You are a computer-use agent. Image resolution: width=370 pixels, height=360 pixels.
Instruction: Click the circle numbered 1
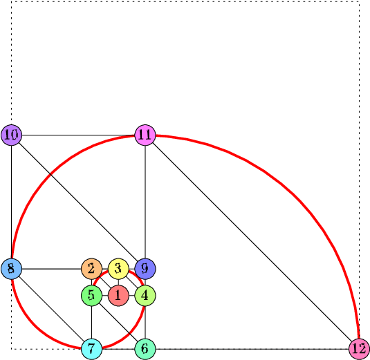point(118,296)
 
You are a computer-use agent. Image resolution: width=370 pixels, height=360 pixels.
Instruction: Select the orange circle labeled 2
point(91,269)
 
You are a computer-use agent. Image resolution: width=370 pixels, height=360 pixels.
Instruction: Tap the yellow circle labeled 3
point(118,269)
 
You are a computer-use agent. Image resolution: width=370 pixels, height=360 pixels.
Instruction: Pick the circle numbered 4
point(145,296)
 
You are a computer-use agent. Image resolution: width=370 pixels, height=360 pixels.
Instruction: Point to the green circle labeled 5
point(91,296)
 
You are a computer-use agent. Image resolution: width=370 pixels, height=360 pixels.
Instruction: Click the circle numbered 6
point(145,349)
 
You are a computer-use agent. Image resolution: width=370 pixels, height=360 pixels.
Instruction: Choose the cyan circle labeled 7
point(91,349)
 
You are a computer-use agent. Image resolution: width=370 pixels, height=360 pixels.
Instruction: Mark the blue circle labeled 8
point(11,269)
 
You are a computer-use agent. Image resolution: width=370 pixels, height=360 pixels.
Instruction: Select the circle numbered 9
point(145,269)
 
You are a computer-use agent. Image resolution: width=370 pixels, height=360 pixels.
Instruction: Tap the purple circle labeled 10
point(11,135)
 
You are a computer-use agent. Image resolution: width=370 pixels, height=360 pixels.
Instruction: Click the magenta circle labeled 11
point(145,135)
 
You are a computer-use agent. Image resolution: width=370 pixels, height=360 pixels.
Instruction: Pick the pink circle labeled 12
point(359,349)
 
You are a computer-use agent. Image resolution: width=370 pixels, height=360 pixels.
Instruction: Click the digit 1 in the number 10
point(8,135)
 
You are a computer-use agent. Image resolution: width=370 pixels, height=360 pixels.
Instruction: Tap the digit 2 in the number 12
point(362,349)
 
